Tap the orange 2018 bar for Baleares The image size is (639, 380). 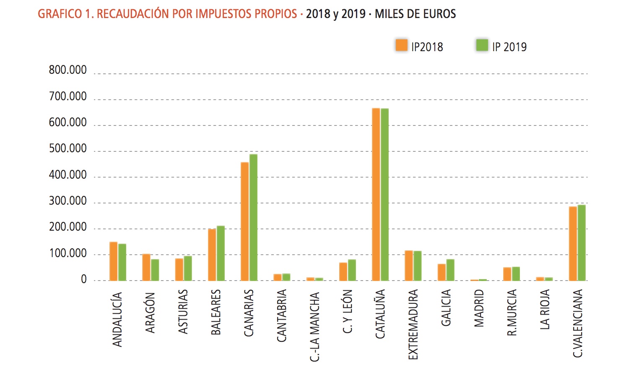tap(212, 255)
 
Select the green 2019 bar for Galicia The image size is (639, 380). tap(450, 270)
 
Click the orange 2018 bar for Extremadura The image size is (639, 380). tap(409, 265)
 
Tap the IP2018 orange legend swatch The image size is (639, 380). tap(401, 45)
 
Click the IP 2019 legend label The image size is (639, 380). tap(509, 47)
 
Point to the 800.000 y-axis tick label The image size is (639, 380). tap(68, 70)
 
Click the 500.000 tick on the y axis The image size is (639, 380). tap(68, 149)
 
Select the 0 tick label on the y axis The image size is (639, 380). tap(84, 280)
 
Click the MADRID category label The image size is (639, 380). tap(479, 308)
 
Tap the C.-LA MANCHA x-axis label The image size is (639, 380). tap(314, 327)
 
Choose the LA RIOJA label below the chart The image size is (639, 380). tap(544, 310)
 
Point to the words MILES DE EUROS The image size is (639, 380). tap(415, 14)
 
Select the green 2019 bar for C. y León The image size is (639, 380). tap(352, 270)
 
